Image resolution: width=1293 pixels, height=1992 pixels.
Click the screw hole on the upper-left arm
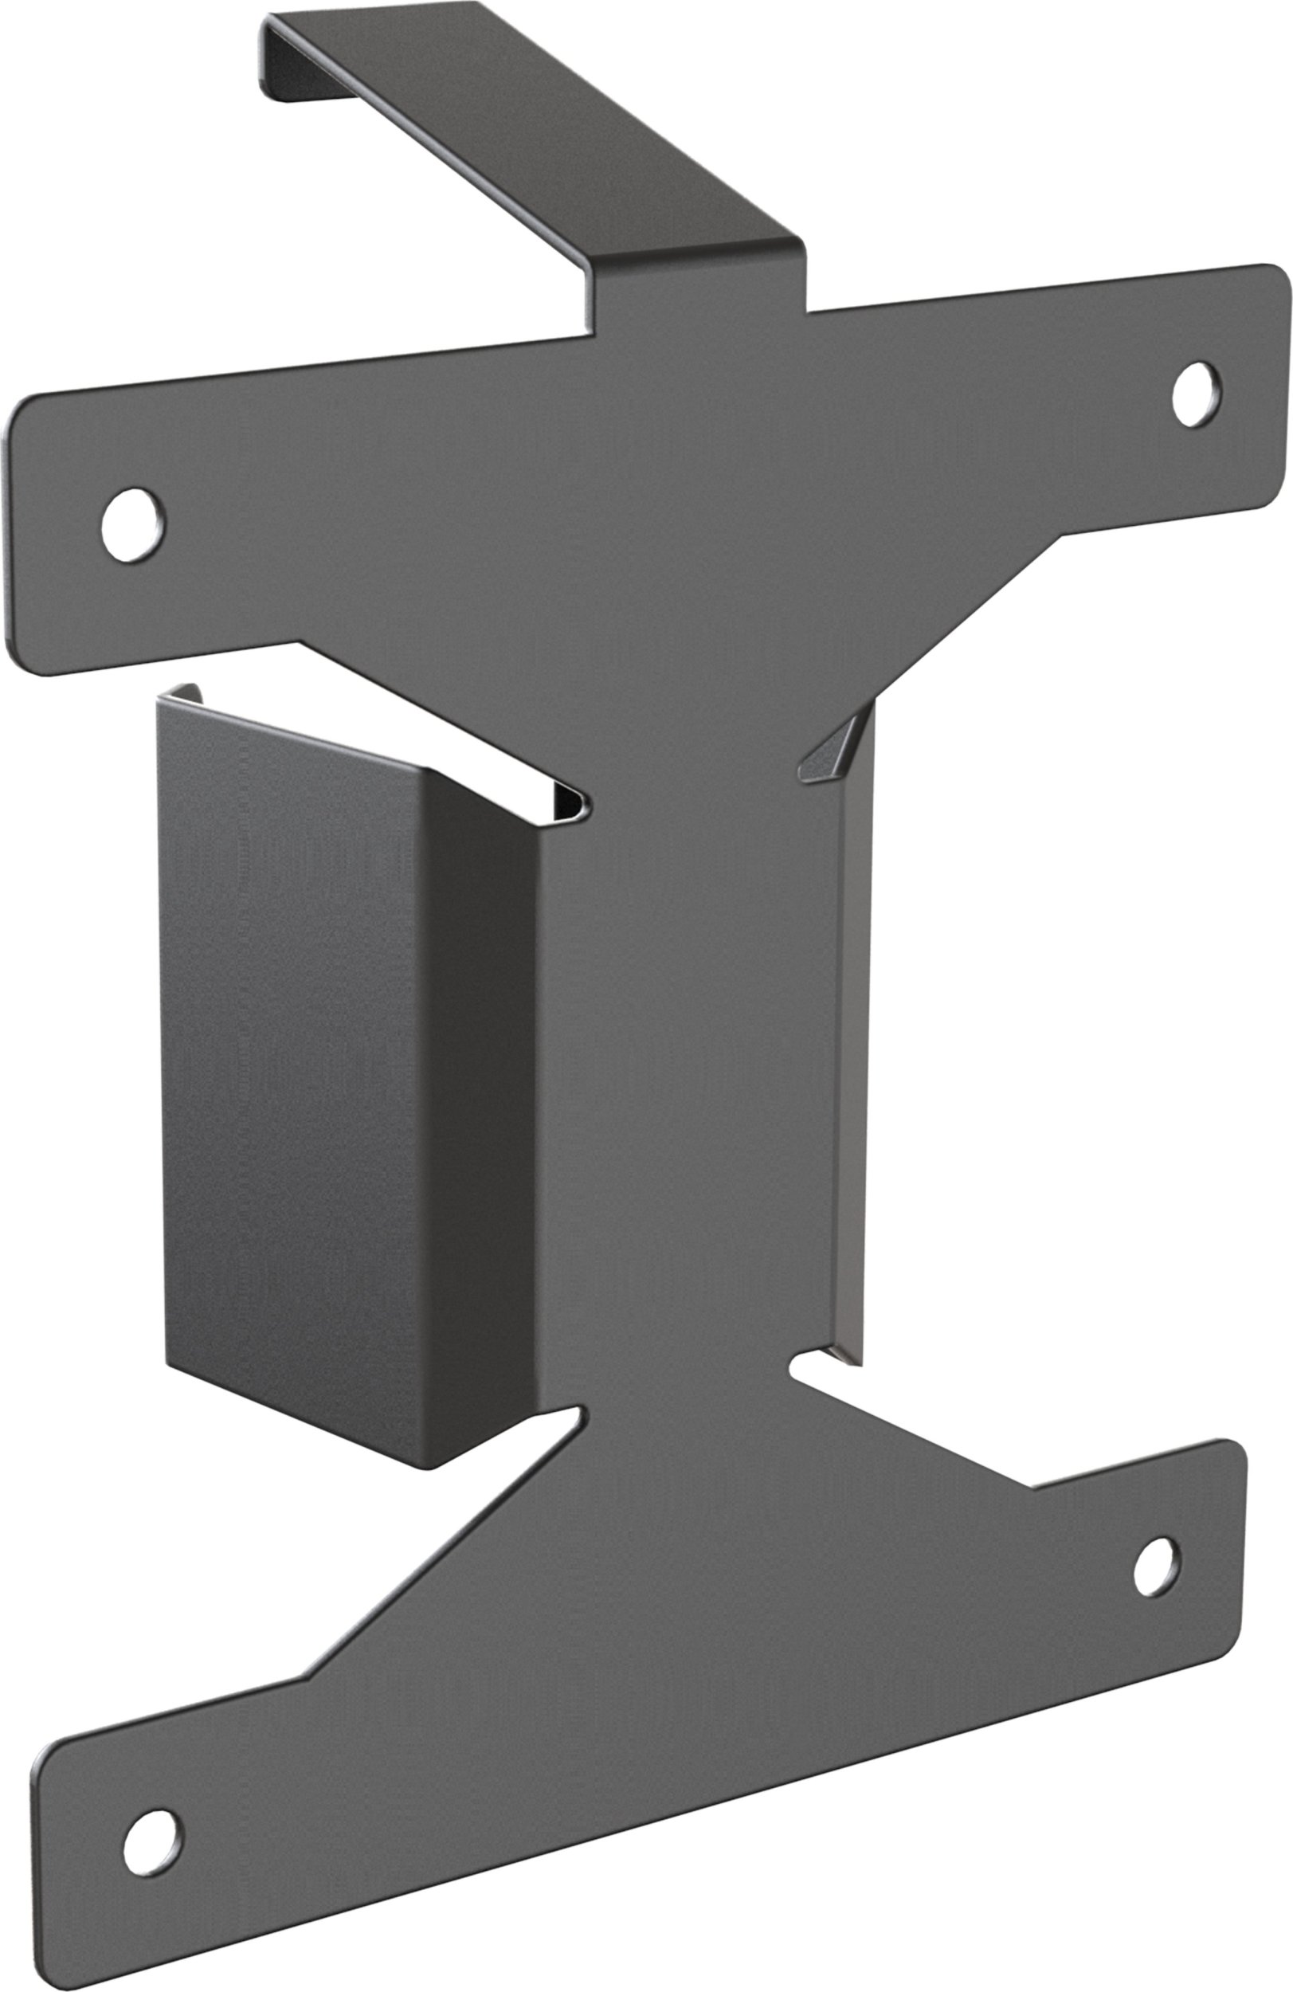click(132, 525)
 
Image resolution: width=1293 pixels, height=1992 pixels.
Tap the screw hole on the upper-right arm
click(1195, 394)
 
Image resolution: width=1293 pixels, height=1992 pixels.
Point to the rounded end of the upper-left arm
click(25, 535)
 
